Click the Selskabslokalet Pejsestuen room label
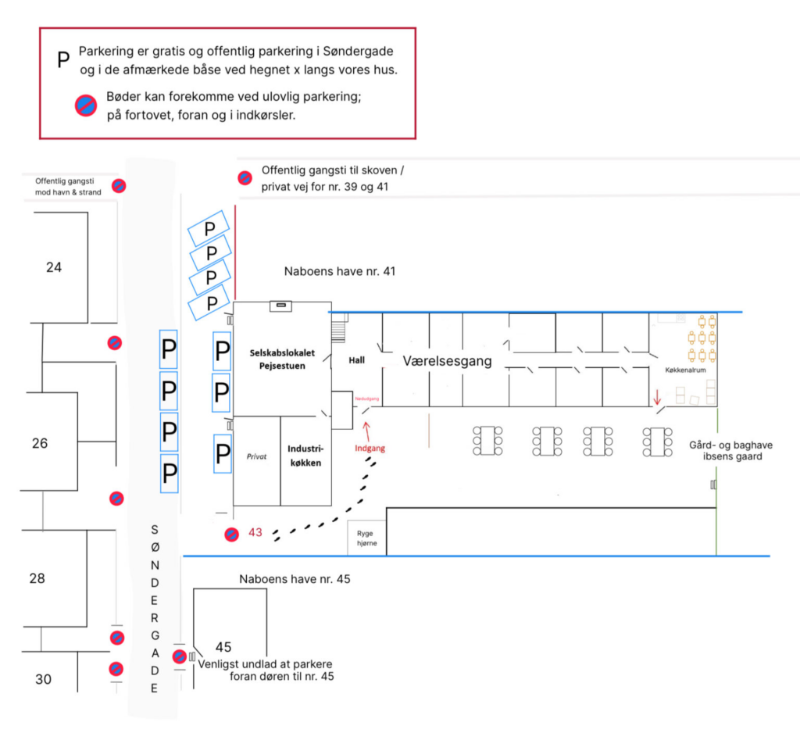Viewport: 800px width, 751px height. [277, 359]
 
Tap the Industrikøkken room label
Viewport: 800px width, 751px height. [305, 456]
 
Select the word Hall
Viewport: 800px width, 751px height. [356, 360]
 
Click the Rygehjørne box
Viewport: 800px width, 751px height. [366, 538]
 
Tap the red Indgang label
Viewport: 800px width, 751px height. [370, 449]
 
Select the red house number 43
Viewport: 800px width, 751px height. [255, 532]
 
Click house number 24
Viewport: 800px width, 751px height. [54, 267]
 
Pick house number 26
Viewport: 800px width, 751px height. [40, 443]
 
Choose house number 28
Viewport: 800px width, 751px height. [37, 578]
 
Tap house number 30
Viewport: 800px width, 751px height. [43, 679]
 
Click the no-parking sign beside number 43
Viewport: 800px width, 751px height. [232, 535]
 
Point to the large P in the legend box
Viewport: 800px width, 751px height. [64, 59]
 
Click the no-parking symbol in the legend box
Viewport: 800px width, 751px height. [85, 105]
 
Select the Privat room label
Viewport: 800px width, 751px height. [257, 456]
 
